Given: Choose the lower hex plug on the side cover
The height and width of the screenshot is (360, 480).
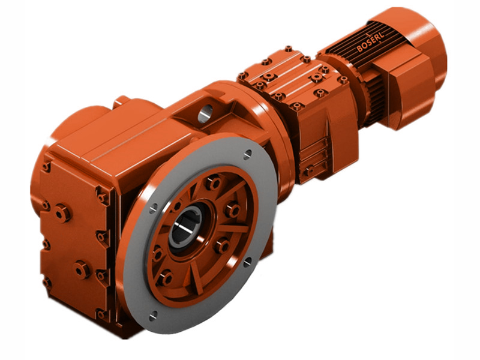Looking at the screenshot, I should [82, 270].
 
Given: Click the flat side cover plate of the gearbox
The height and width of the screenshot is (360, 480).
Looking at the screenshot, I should [72, 240].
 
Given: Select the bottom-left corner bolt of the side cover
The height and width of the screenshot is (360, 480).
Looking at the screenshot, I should [46, 281].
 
